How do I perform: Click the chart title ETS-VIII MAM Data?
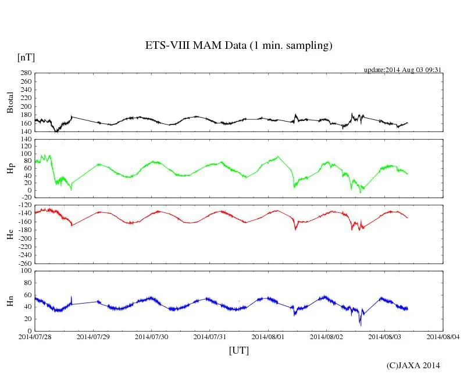click(238, 46)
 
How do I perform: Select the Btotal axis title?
click(10, 102)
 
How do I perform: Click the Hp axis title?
click(10, 169)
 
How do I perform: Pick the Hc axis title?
click(10, 234)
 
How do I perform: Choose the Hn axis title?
click(10, 300)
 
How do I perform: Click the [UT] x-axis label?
click(239, 350)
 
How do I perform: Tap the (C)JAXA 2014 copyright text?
click(413, 365)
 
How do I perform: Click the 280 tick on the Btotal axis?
click(25, 73)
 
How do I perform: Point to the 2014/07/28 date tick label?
click(35, 336)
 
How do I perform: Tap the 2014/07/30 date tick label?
click(152, 336)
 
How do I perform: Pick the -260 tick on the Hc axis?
click(23, 263)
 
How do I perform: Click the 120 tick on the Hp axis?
click(25, 140)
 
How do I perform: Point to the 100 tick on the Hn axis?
click(25, 271)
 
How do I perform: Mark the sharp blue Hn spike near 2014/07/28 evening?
click(72, 298)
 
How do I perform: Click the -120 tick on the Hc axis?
click(23, 205)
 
